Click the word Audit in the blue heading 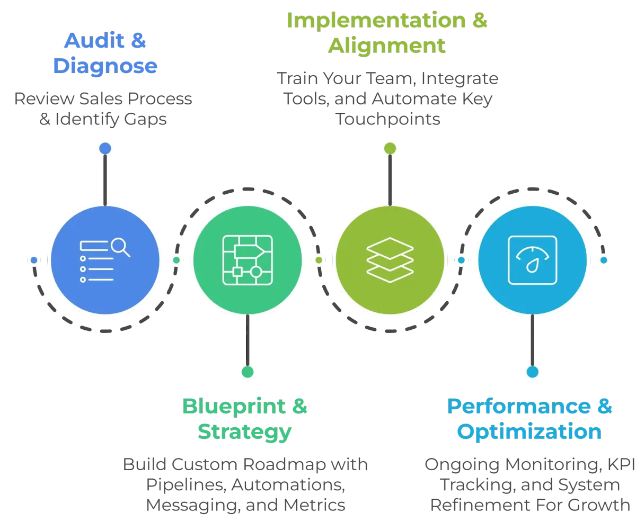(x=92, y=41)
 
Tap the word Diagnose (x=105, y=67)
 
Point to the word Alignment (x=386, y=46)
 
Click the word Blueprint (x=233, y=407)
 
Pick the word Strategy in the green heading (x=244, y=432)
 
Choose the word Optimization (x=529, y=432)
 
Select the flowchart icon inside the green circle (x=247, y=260)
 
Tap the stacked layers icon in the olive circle (x=390, y=260)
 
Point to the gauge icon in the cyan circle (x=532, y=260)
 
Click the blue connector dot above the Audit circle (x=105, y=148)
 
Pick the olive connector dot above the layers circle (x=390, y=148)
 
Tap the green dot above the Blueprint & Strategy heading (x=248, y=371)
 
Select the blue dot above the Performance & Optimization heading (x=532, y=371)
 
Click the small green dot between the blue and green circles (x=176, y=260)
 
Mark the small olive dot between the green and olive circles (x=319, y=260)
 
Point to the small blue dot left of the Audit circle (x=34, y=260)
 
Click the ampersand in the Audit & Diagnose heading (x=139, y=41)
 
